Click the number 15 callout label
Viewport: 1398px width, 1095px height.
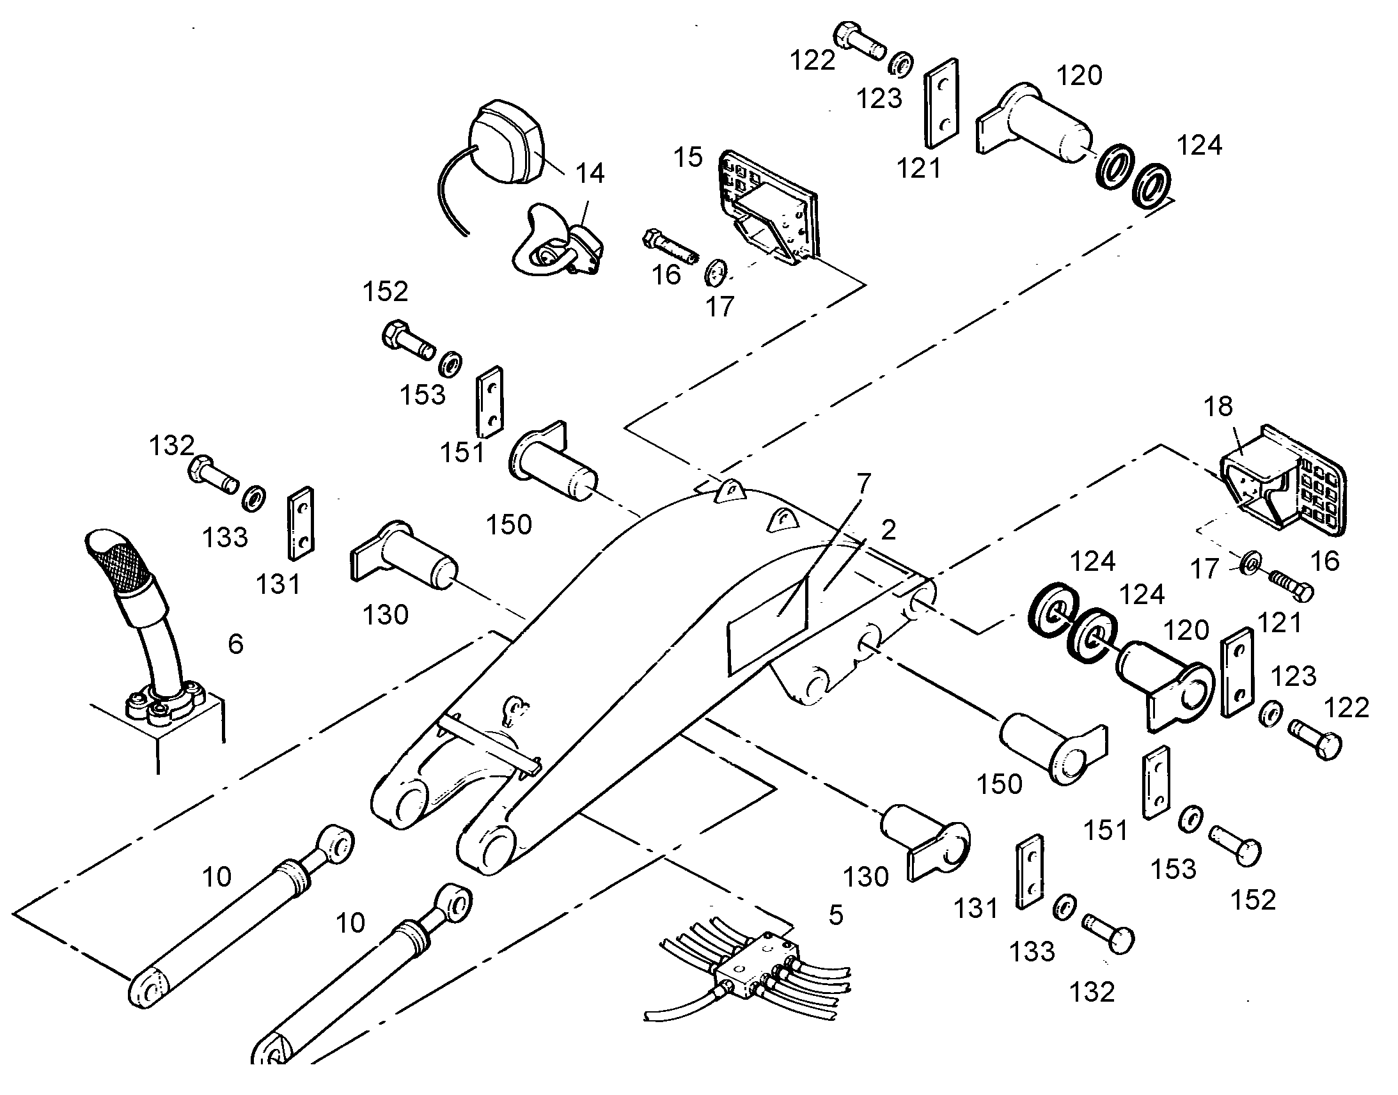click(x=688, y=157)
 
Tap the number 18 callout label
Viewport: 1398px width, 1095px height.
click(x=1218, y=407)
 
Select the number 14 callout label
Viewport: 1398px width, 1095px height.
click(x=590, y=173)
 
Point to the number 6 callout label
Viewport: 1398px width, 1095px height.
click(x=236, y=644)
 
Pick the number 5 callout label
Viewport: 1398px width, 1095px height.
click(x=836, y=915)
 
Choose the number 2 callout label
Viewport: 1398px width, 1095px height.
click(x=888, y=530)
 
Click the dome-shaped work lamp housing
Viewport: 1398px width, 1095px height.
click(x=507, y=143)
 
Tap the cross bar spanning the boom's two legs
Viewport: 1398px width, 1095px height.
click(x=489, y=743)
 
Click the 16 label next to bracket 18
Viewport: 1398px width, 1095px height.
click(x=1325, y=562)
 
